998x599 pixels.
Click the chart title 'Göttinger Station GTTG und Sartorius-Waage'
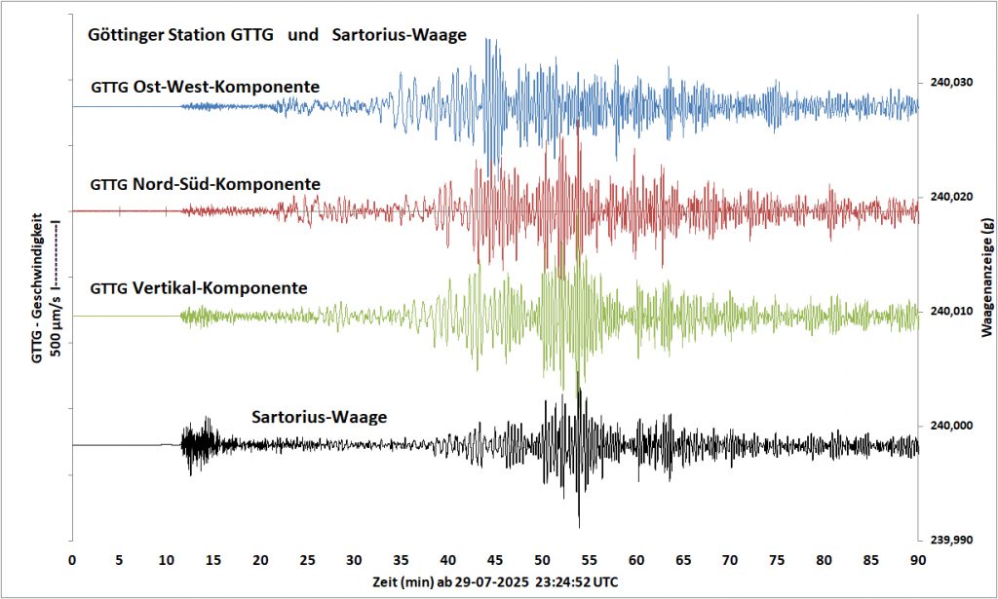click(x=277, y=36)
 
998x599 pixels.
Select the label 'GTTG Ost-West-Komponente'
click(x=205, y=87)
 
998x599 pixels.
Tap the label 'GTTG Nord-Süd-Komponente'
click(x=205, y=183)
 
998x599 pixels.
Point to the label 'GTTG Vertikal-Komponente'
click(x=199, y=288)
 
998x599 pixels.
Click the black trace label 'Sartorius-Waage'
click(x=320, y=418)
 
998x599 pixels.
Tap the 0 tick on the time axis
click(x=72, y=560)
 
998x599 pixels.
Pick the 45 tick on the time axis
click(x=495, y=560)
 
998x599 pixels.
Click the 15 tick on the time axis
click(x=213, y=560)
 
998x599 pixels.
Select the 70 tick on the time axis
click(x=730, y=560)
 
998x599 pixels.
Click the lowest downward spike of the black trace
click(x=579, y=526)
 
